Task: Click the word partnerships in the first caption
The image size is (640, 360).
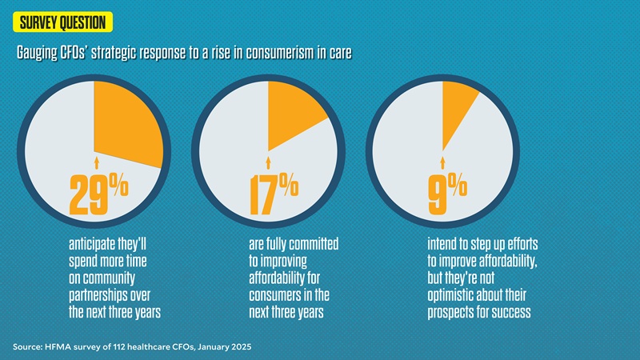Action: [x=101, y=295]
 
